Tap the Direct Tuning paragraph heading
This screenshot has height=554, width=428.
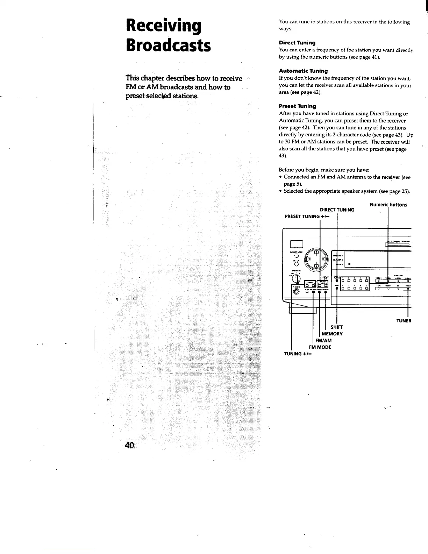297,43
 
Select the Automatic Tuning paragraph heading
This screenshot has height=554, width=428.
303,71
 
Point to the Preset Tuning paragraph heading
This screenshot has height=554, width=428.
297,106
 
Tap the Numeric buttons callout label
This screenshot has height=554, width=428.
388,205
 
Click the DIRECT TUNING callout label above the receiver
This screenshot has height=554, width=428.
337,210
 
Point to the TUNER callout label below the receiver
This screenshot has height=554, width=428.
404,321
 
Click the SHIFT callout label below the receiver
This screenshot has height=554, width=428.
336,327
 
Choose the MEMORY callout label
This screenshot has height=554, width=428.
332,334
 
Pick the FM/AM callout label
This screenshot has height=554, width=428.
323,340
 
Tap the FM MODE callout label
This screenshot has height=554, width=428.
320,347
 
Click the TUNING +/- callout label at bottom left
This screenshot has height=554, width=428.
298,354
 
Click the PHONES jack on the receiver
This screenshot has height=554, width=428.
297,291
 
